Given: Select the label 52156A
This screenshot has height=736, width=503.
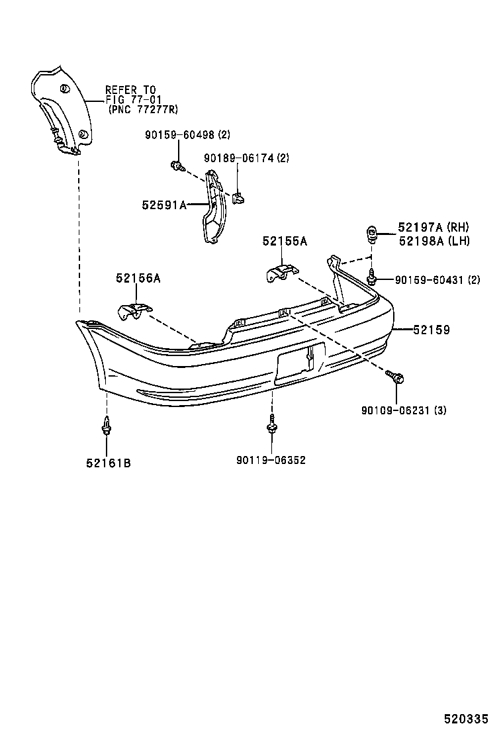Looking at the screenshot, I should tap(138, 279).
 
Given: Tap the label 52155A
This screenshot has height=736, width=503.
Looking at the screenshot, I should tap(285, 242).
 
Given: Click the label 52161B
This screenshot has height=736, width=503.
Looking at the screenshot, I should tap(108, 463).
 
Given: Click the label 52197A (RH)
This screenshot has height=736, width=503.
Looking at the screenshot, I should tap(434, 227).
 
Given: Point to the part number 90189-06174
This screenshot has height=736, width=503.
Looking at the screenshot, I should tap(237, 158).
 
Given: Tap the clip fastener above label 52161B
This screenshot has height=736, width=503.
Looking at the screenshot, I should tap(106, 427).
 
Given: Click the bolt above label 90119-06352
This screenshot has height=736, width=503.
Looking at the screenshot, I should tap(271, 424).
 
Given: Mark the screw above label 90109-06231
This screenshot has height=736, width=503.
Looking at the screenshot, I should tap(396, 377).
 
